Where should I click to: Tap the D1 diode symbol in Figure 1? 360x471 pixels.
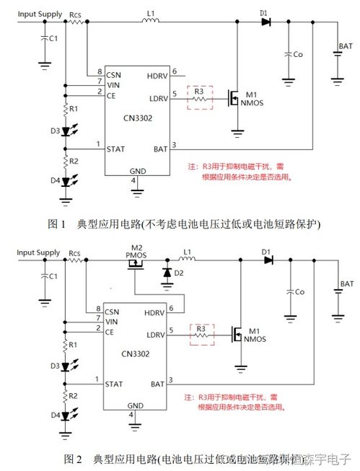pos(265,22)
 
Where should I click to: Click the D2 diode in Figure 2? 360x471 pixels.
pos(167,273)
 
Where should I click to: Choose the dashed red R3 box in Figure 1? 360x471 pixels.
pos(200,97)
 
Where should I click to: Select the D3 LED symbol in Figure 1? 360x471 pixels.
pos(66,131)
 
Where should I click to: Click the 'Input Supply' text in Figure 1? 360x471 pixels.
pos(39,14)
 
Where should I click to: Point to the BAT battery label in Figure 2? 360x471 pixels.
pos(347,285)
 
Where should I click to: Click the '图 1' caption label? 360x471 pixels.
pos(56,223)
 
